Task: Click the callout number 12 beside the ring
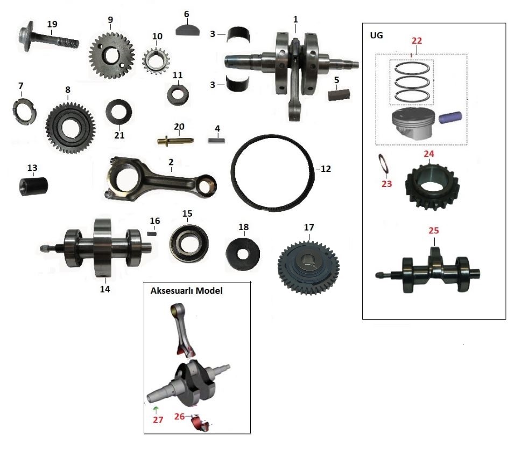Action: [326, 169]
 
